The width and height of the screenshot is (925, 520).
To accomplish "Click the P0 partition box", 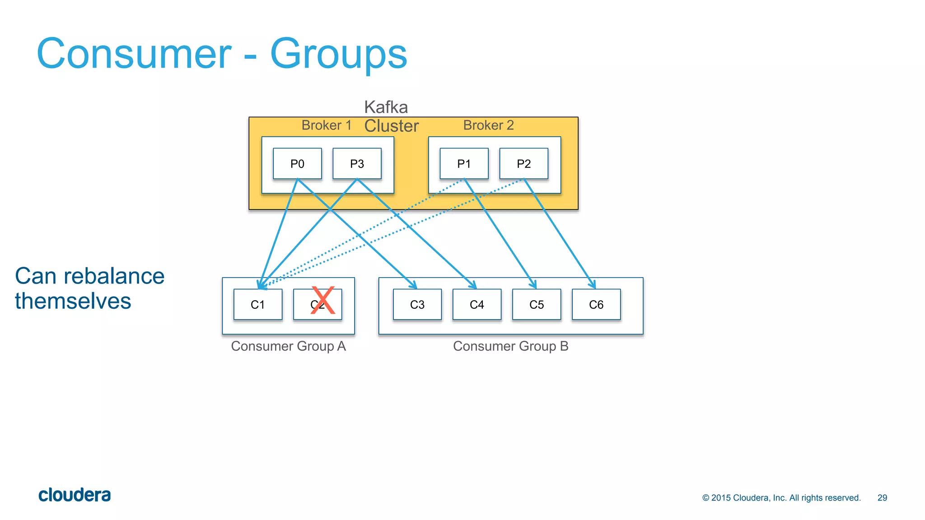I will click(x=297, y=163).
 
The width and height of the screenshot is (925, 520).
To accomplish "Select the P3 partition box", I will click(x=357, y=163).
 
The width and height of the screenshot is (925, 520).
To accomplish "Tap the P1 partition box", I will click(x=464, y=163).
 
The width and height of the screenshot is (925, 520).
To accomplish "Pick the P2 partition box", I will click(x=523, y=163).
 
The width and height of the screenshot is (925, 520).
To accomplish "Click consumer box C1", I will click(x=258, y=305).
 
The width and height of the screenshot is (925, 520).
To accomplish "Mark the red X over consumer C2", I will click(x=322, y=300).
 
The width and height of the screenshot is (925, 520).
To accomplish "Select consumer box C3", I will click(x=417, y=305).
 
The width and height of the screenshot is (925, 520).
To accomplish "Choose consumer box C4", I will click(x=477, y=305).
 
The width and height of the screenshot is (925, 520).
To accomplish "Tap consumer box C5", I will click(x=537, y=305).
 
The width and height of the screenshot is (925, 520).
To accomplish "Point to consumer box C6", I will click(x=596, y=305).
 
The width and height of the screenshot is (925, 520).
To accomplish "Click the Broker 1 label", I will click(x=326, y=125).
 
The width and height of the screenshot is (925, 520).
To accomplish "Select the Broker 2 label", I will click(x=488, y=125).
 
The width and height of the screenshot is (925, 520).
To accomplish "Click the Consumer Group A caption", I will click(x=288, y=346).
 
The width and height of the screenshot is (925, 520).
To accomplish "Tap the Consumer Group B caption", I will click(x=510, y=346).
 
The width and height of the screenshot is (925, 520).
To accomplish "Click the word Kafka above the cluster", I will click(x=386, y=107).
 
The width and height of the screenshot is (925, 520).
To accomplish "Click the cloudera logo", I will click(x=75, y=495).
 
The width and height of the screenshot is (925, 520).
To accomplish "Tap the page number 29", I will click(x=882, y=497).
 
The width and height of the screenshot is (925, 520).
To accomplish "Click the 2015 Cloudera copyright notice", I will click(x=781, y=497).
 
